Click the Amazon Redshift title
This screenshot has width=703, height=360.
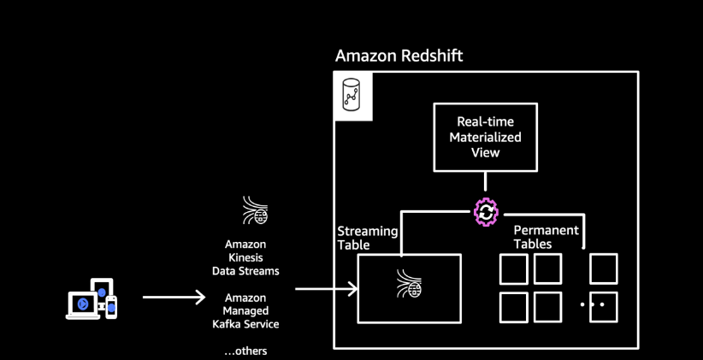tap(399, 56)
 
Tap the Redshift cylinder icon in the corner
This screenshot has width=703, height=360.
tap(352, 95)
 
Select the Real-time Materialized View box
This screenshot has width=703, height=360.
tap(485, 137)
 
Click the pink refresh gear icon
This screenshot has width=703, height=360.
tap(486, 212)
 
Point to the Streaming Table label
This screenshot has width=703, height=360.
tap(367, 238)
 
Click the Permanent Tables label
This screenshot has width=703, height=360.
tap(546, 237)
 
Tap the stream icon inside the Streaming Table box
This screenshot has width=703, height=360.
tap(409, 283)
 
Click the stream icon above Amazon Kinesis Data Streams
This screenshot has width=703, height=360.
tap(255, 210)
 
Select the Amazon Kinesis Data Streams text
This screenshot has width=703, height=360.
tap(245, 257)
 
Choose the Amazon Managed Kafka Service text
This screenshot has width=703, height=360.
tap(245, 310)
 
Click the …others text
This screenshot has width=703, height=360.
tap(245, 351)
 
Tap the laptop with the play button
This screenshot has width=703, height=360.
tap(82, 305)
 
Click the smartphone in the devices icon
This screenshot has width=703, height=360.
tap(111, 308)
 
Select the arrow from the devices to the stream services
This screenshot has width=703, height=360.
tap(174, 297)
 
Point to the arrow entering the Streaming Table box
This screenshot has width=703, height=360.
tap(326, 289)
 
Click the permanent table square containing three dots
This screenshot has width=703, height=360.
tap(604, 307)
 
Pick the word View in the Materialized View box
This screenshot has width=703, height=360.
tap(485, 152)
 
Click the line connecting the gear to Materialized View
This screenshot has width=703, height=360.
tap(485, 181)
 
